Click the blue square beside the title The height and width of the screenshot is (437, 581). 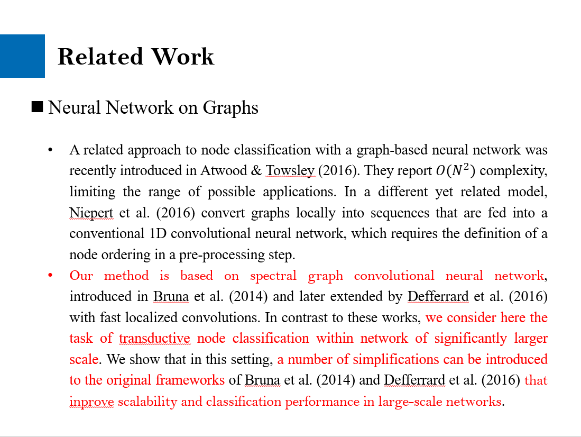click(x=22, y=56)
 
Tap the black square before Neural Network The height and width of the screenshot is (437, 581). click(x=37, y=107)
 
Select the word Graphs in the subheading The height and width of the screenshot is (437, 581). click(x=230, y=108)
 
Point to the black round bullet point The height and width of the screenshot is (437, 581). click(x=50, y=150)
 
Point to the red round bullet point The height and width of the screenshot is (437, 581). click(x=50, y=276)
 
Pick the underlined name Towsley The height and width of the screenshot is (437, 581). click(x=290, y=171)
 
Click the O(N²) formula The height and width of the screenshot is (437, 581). click(x=455, y=171)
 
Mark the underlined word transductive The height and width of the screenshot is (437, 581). click(x=155, y=338)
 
